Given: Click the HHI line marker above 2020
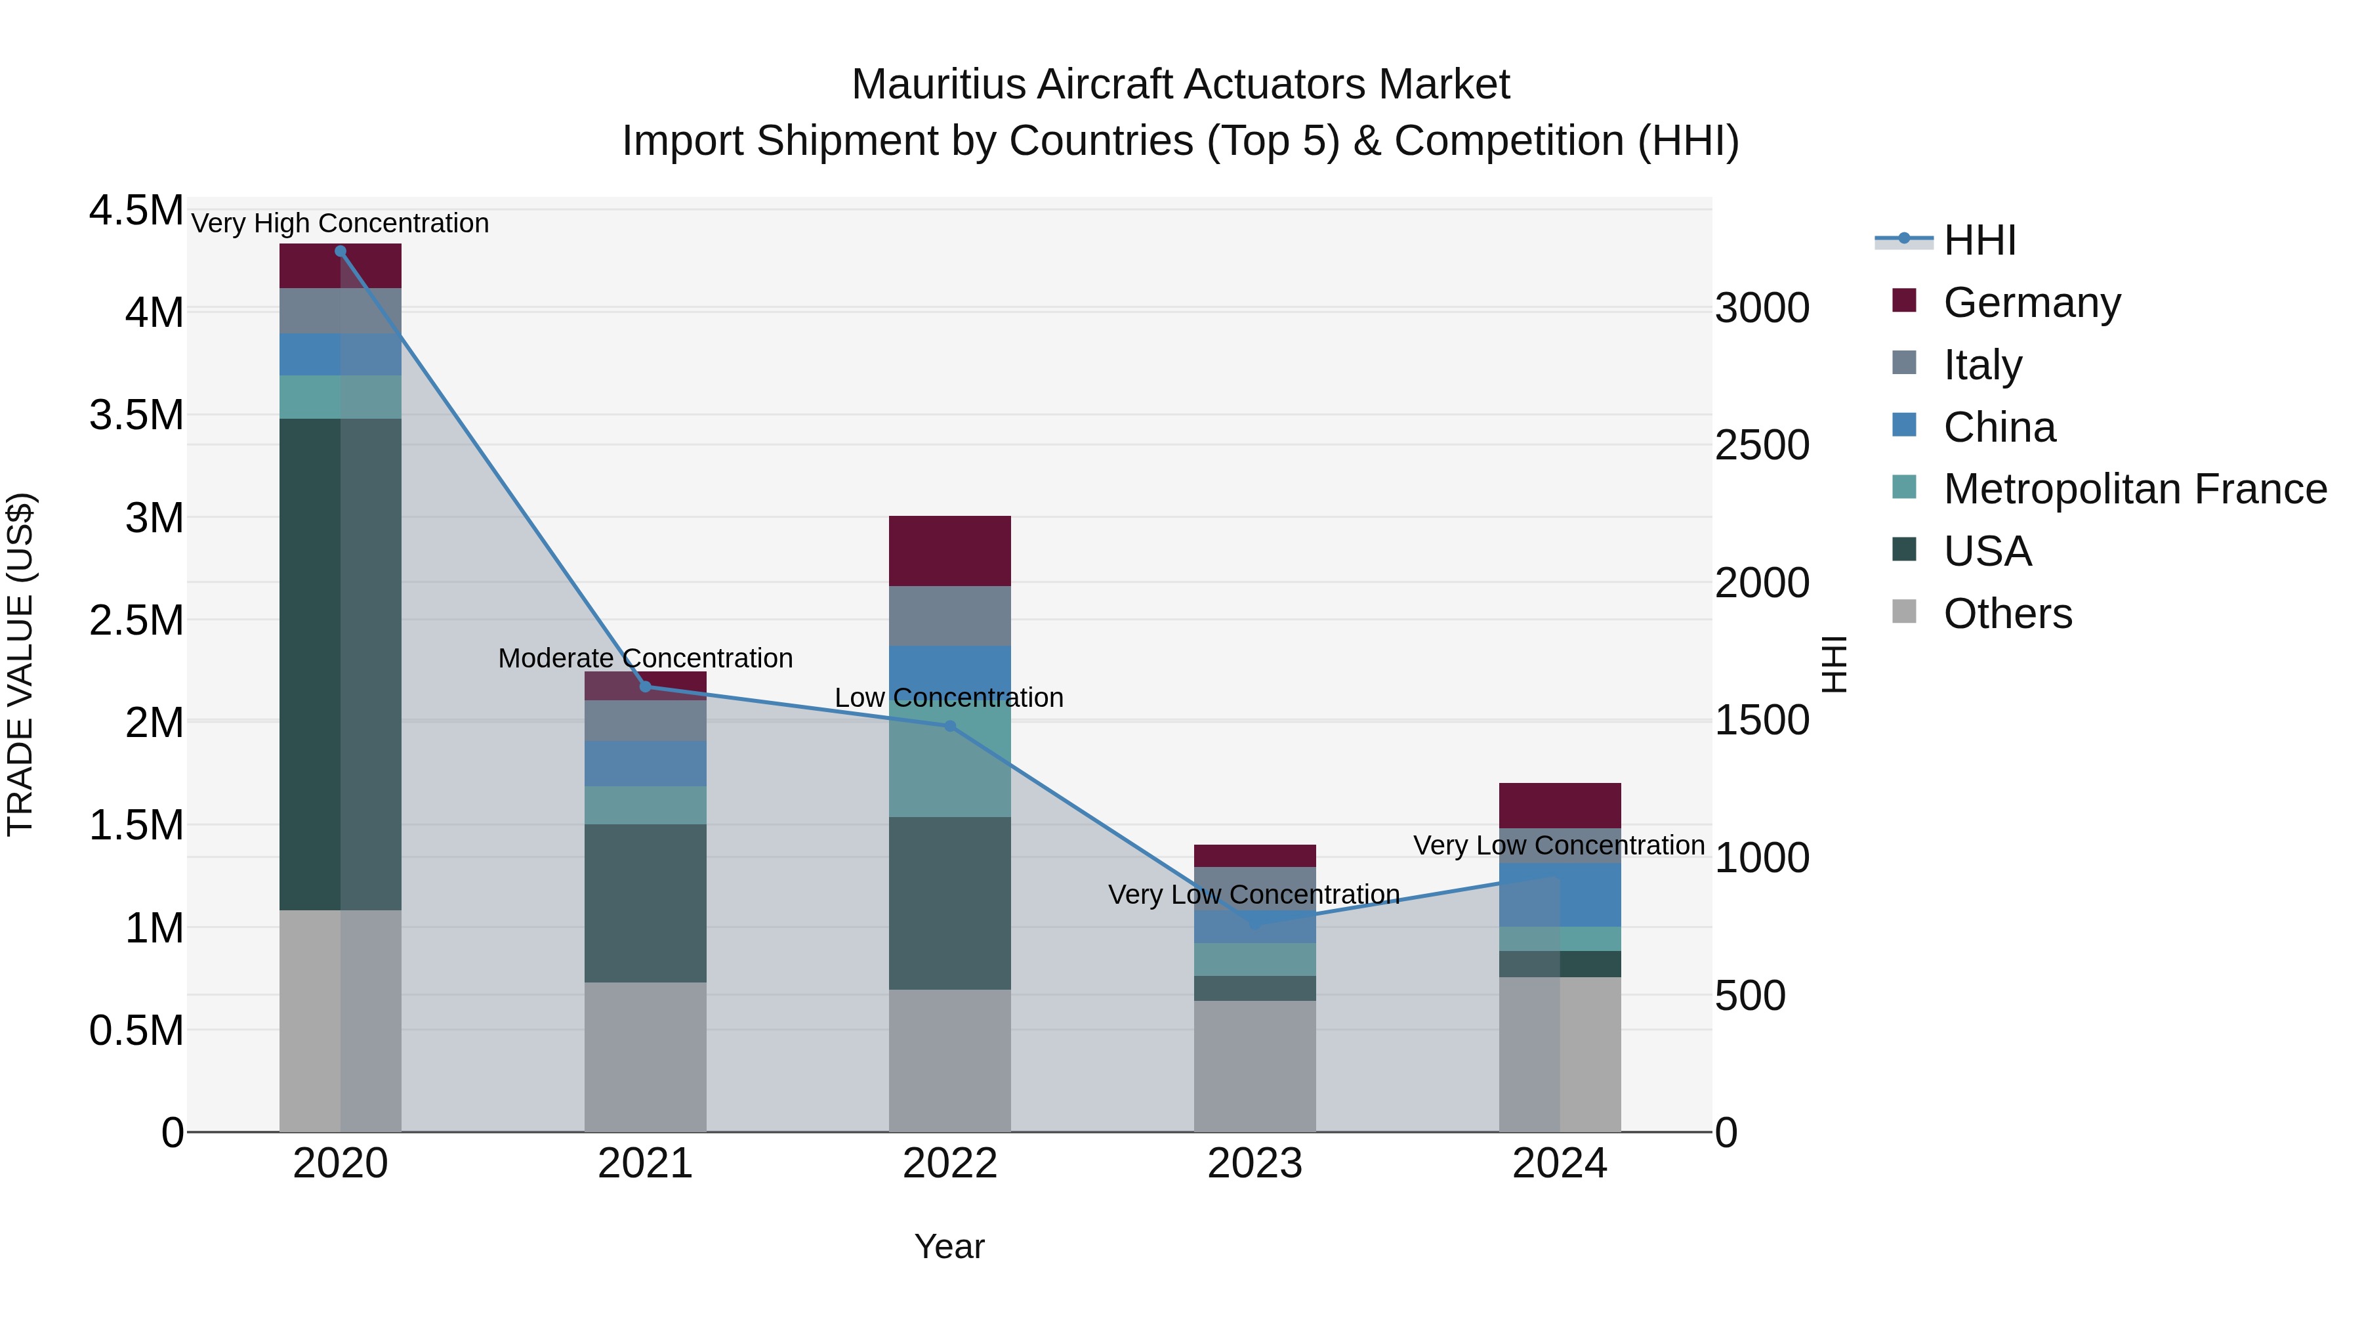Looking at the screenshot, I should (x=340, y=251).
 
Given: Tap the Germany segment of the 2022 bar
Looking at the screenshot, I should (x=950, y=551).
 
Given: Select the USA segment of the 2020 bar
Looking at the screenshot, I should (x=340, y=664).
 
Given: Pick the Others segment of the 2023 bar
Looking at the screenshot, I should (x=1254, y=1066).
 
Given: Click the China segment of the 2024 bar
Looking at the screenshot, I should (x=1560, y=895).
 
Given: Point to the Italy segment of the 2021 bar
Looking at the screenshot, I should (x=646, y=721).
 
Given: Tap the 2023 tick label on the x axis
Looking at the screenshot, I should (x=1254, y=1164).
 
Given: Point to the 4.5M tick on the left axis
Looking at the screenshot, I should (x=136, y=211).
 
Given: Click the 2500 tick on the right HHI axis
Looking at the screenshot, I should (x=1762, y=446).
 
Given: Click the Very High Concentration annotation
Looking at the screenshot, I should (x=340, y=224).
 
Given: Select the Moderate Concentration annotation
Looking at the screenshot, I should (x=646, y=658).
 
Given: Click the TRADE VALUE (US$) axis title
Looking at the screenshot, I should (x=20, y=664).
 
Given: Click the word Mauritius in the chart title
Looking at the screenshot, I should (x=938, y=85).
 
